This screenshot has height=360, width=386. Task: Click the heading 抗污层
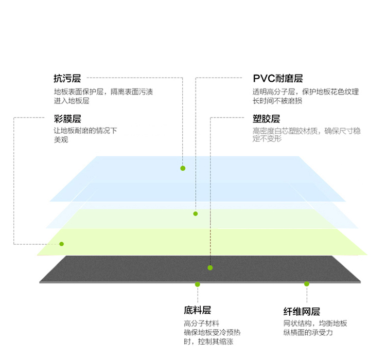click(67, 79)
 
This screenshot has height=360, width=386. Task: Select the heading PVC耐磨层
click(278, 79)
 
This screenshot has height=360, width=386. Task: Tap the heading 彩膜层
click(67, 119)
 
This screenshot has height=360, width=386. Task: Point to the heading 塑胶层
click(266, 119)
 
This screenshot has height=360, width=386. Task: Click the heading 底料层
click(198, 310)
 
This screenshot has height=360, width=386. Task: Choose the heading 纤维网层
click(302, 312)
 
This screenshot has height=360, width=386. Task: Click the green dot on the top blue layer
click(183, 168)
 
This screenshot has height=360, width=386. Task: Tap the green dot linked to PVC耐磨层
click(196, 213)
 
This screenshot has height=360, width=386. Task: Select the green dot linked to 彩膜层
click(62, 244)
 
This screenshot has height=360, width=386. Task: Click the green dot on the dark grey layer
click(210, 268)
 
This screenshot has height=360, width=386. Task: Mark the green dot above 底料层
click(198, 284)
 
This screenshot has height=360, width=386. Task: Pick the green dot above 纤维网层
click(307, 284)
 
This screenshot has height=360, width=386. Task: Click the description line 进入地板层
click(72, 101)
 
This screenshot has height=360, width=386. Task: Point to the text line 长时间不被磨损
click(277, 101)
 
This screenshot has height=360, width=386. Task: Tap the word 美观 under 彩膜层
click(61, 140)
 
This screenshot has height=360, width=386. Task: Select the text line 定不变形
click(267, 139)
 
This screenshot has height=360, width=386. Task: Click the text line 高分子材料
click(201, 323)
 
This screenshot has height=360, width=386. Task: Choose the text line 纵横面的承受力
click(308, 332)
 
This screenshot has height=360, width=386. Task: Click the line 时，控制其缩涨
click(208, 341)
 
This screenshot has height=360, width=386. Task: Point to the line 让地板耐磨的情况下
click(85, 131)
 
